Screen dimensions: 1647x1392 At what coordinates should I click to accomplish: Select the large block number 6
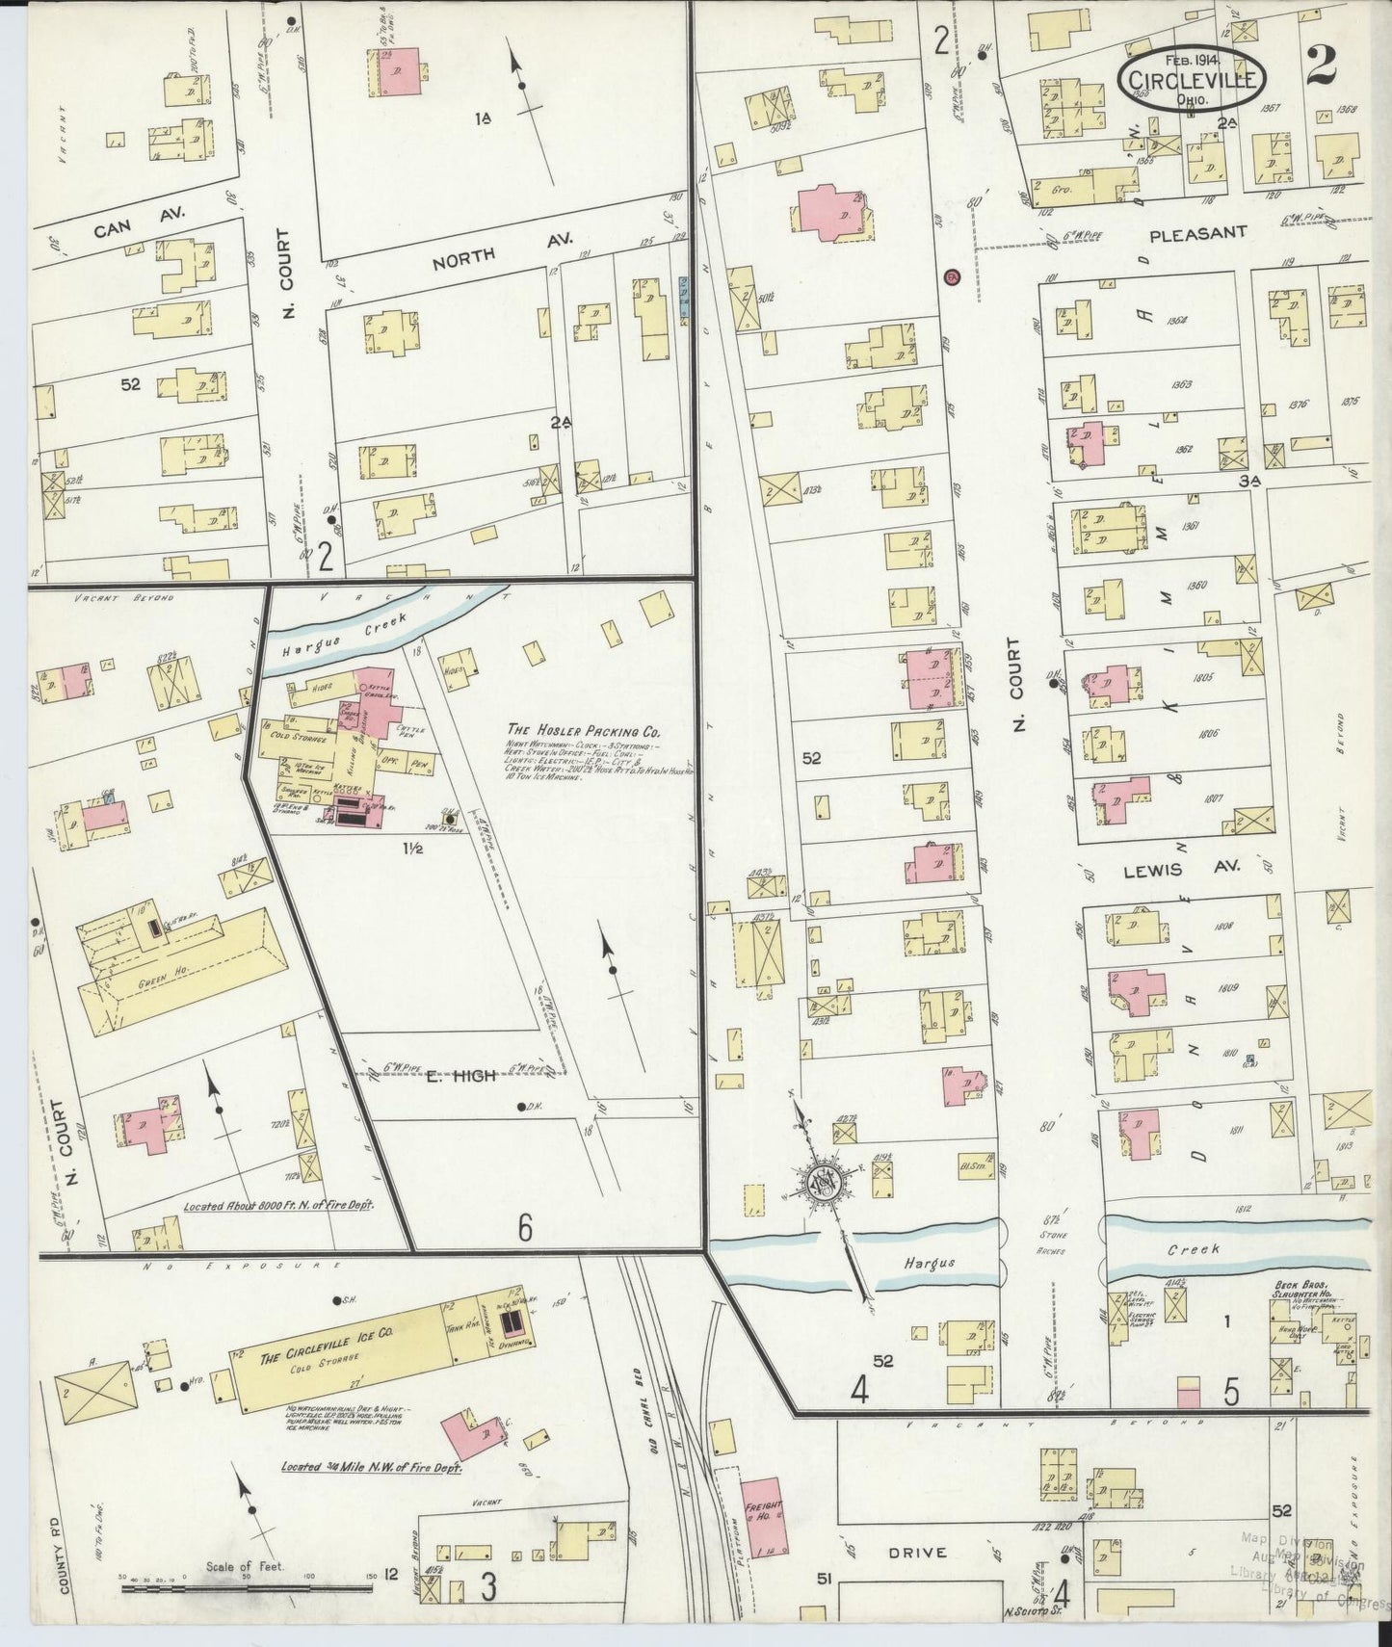[525, 1225]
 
